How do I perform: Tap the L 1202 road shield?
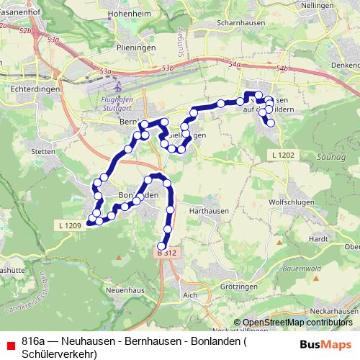284,156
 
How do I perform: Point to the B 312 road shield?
166,253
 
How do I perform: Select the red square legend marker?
9,343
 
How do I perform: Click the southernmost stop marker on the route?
162,246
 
